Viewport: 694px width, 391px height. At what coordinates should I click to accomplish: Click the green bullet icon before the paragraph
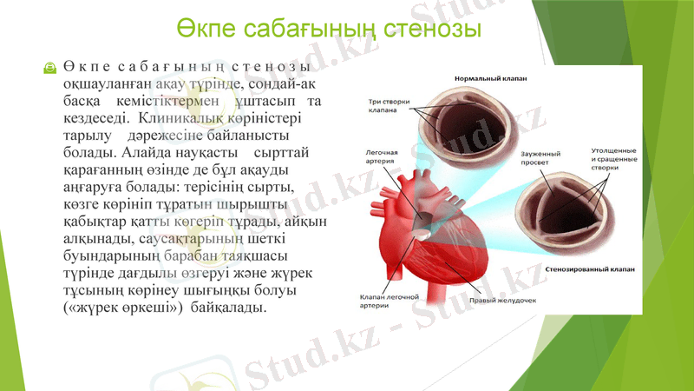click(x=50, y=69)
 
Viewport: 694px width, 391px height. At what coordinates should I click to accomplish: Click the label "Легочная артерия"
click(x=381, y=157)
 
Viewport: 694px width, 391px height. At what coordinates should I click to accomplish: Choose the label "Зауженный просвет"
click(x=540, y=158)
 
